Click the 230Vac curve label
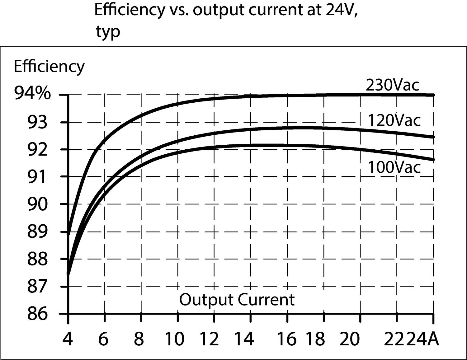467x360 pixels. click(392, 85)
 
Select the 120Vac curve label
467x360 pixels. click(394, 120)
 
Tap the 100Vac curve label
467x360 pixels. click(394, 167)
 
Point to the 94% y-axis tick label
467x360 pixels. click(32, 94)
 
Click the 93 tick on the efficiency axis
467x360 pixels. click(38, 122)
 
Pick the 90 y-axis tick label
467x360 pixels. click(38, 204)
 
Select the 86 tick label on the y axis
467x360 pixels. click(38, 314)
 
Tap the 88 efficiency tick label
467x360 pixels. click(38, 259)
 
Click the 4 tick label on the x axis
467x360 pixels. click(68, 339)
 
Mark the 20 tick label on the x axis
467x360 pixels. click(349, 339)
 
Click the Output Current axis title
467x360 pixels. click(237, 300)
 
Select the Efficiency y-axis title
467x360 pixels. click(49, 66)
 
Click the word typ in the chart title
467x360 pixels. click(107, 32)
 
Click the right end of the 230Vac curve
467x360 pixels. click(433, 95)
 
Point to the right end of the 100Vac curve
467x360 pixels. click(433, 160)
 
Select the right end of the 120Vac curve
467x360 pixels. click(433, 137)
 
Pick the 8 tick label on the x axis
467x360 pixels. click(139, 339)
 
